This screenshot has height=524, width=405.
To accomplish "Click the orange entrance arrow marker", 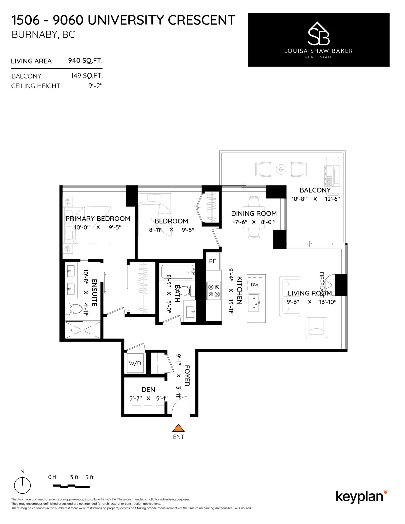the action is [x=178, y=428].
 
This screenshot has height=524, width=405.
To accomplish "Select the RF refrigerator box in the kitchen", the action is [x=212, y=261].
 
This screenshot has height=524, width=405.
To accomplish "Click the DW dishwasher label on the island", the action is [x=255, y=285].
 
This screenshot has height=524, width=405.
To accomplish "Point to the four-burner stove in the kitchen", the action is [x=214, y=290].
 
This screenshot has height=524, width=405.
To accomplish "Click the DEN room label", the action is [x=148, y=389].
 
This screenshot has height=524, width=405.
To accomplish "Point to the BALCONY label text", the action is [x=315, y=190].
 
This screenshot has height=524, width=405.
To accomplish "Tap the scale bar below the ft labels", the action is [x=71, y=486].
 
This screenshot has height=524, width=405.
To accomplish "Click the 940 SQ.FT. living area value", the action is [x=85, y=61].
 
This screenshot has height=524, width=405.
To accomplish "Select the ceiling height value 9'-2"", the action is [x=95, y=86].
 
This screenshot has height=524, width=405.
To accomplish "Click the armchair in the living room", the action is [x=316, y=328].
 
